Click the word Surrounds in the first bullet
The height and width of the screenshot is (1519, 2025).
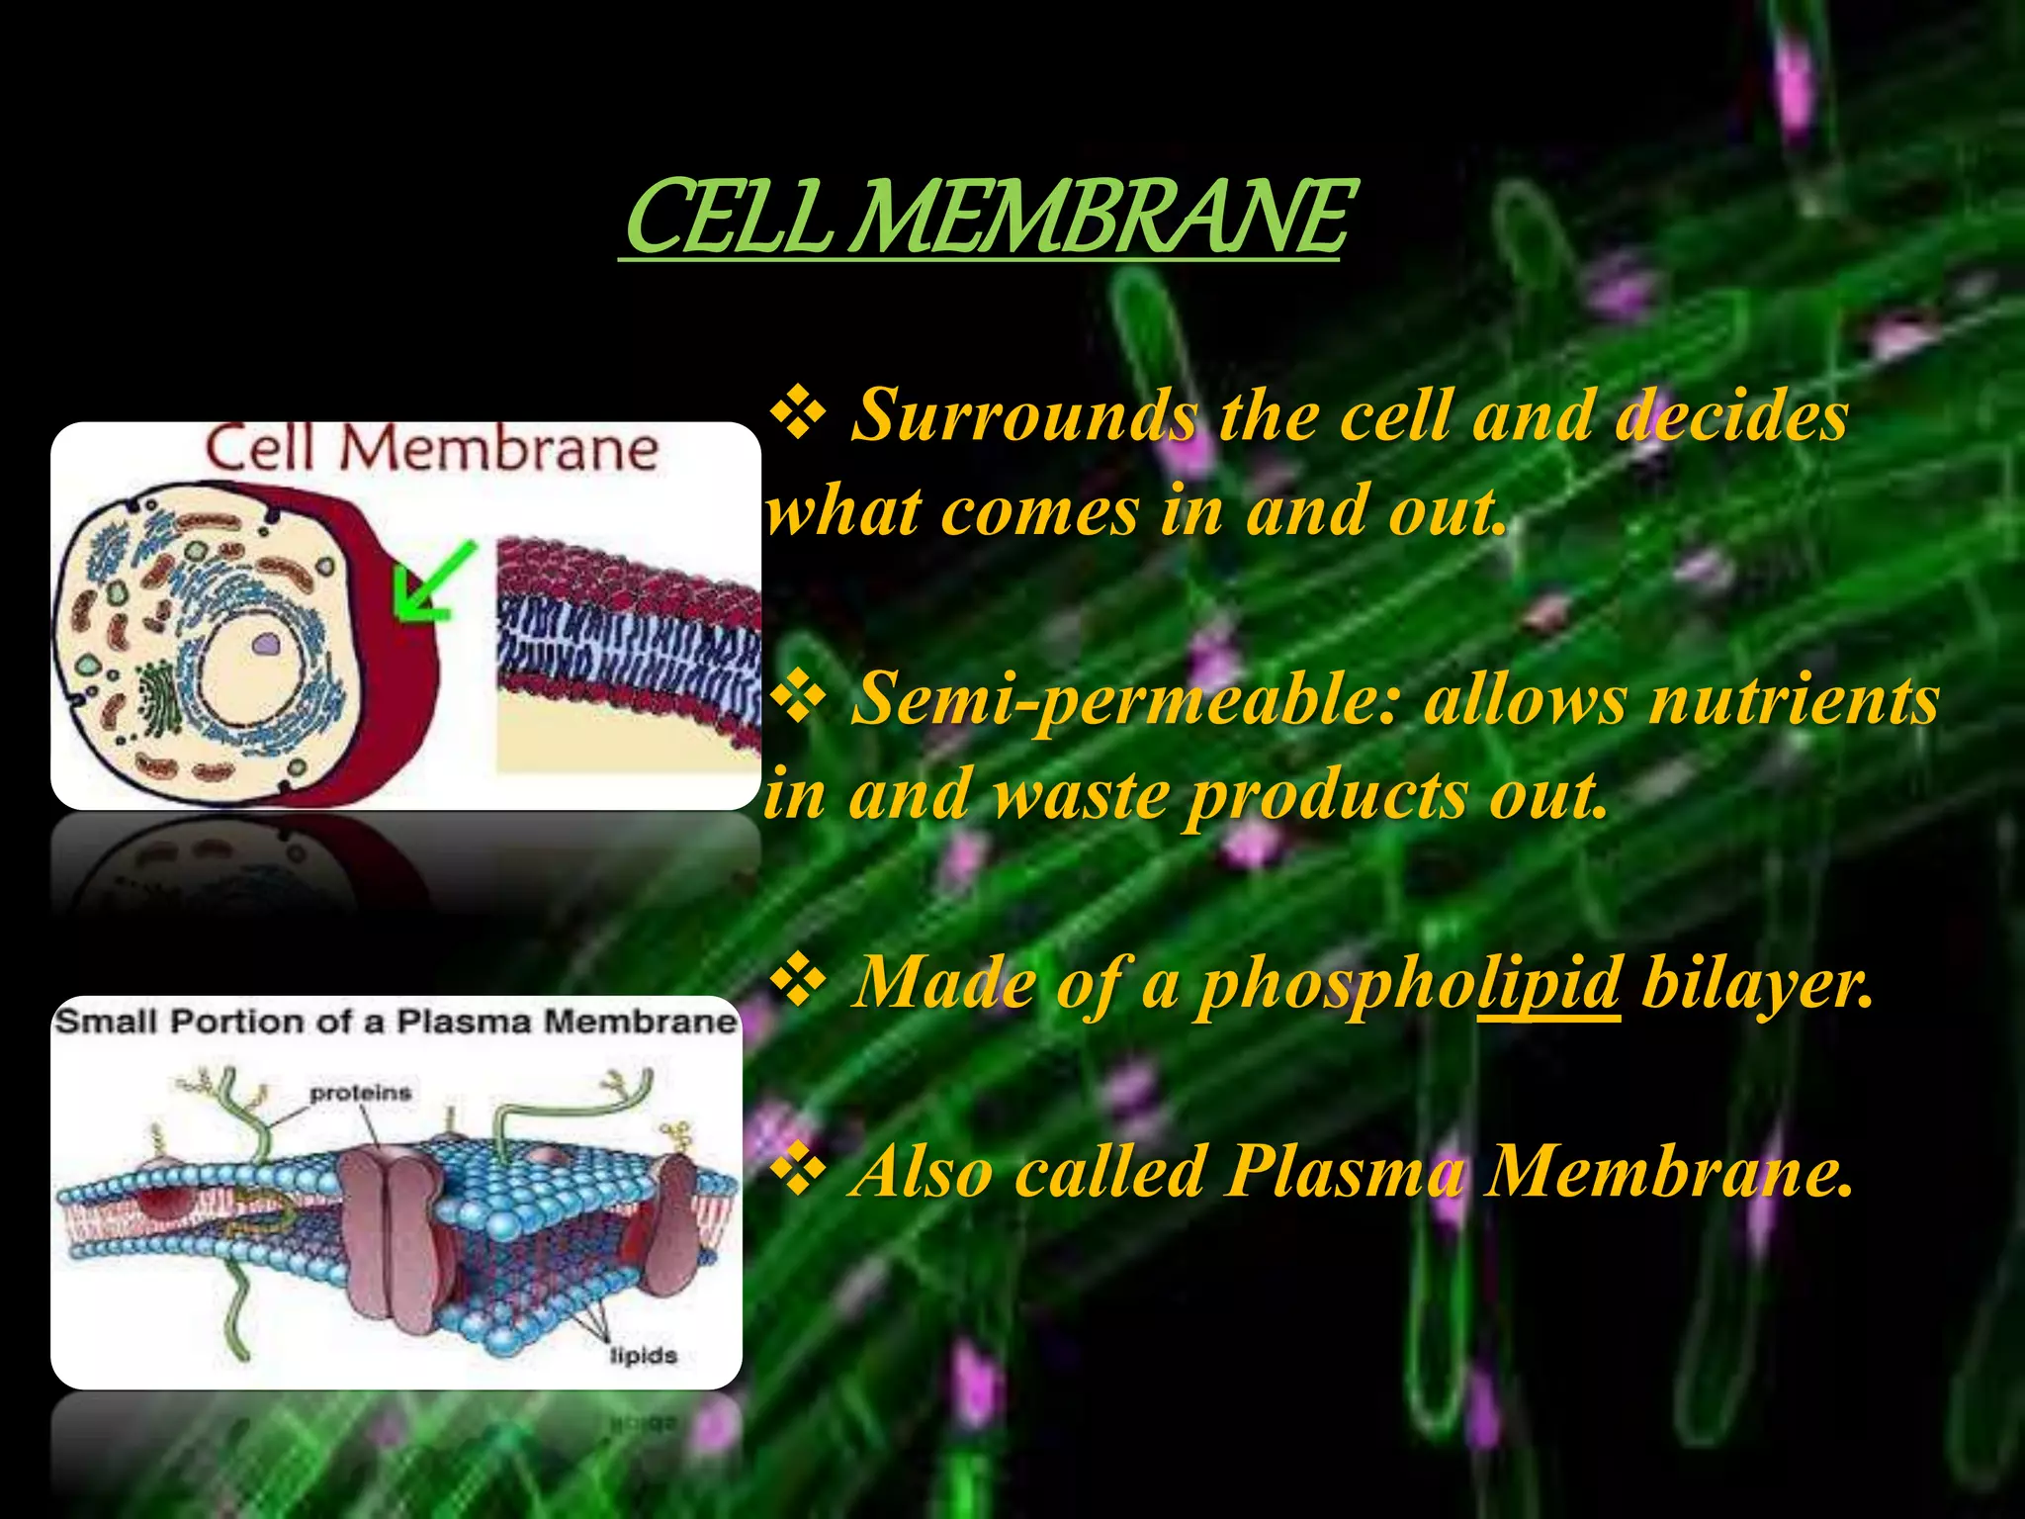(1023, 415)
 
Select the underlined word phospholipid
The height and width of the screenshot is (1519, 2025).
(1409, 983)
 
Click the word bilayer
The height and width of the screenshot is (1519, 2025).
(1756, 983)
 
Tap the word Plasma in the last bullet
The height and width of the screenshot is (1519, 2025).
(1346, 1171)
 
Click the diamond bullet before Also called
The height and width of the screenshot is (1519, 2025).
(799, 1169)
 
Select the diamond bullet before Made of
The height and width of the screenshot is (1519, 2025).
(799, 981)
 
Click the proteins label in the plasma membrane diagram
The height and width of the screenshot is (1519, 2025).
(360, 1093)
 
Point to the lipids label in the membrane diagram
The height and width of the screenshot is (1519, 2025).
(643, 1355)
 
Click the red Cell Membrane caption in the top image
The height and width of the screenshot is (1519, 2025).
(431, 450)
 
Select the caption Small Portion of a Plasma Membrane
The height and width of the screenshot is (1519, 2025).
(396, 1022)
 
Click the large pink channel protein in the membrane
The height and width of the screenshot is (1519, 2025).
(391, 1236)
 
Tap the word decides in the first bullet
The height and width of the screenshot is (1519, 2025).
(1730, 415)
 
